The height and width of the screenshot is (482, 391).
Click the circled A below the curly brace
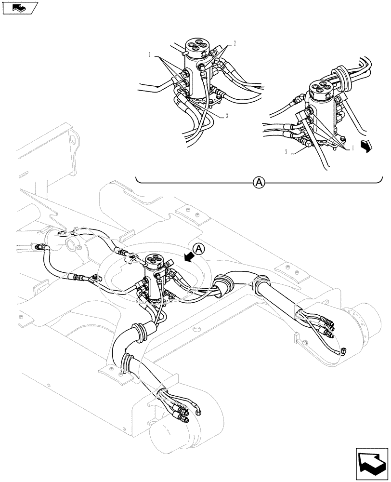(259, 182)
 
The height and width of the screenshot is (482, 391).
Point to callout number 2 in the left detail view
(235, 43)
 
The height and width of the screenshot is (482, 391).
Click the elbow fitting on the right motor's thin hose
(343, 351)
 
